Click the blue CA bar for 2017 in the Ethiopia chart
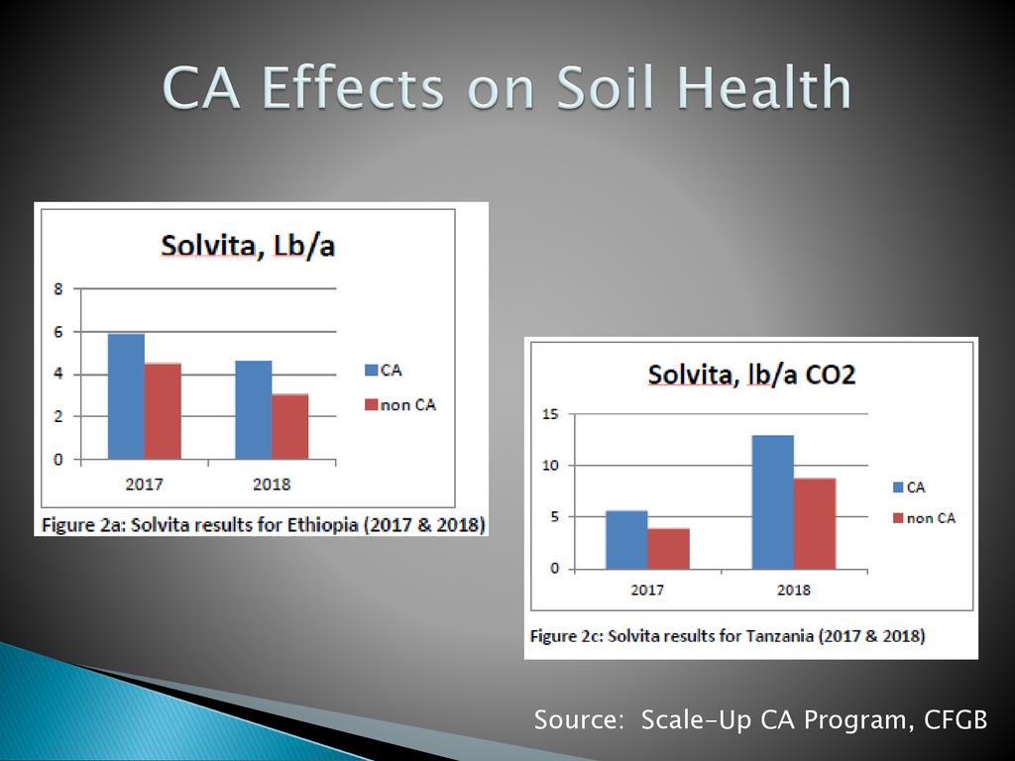[126, 396]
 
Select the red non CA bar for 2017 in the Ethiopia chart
[163, 411]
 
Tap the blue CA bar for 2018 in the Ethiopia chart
[253, 409]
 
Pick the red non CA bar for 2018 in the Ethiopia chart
[289, 426]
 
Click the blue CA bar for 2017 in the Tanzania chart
[626, 540]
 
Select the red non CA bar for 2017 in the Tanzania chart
[668, 549]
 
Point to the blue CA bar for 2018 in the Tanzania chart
[772, 502]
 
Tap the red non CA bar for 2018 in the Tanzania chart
[814, 523]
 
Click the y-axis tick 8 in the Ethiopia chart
[58, 289]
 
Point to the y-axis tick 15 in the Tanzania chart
[549, 414]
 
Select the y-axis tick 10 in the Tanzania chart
[549, 466]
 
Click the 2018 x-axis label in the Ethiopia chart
[272, 485]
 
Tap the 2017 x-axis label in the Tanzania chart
[647, 590]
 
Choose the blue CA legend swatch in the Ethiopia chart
[372, 371]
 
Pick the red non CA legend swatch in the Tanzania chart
[899, 518]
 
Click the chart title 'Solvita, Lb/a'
[248, 245]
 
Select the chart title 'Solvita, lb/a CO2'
[751, 375]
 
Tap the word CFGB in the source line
[956, 720]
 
